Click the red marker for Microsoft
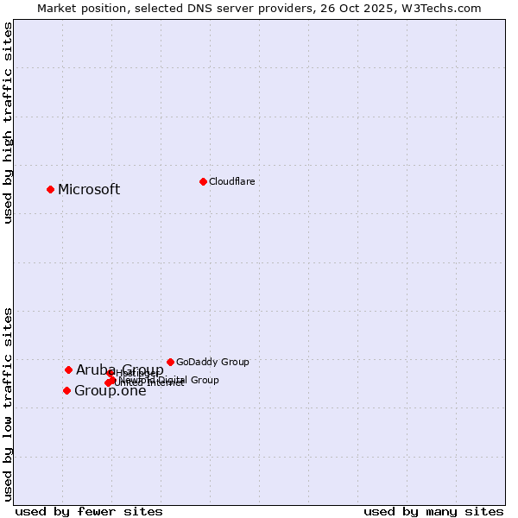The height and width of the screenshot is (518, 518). pyautogui.click(x=50, y=189)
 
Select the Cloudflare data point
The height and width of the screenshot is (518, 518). pyautogui.click(x=203, y=181)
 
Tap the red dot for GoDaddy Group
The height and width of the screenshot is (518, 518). pyautogui.click(x=170, y=362)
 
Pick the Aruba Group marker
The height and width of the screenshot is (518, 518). pyautogui.click(x=68, y=370)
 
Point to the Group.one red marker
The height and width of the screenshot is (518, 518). pyautogui.click(x=66, y=390)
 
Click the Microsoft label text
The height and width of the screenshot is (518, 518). pyautogui.click(x=89, y=190)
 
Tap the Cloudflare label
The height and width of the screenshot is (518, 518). pyautogui.click(x=231, y=181)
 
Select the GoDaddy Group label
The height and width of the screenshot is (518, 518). pyautogui.click(x=212, y=362)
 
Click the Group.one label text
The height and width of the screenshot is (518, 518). pyautogui.click(x=111, y=391)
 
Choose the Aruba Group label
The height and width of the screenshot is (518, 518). pyautogui.click(x=119, y=370)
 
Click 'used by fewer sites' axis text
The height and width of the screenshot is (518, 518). pyautogui.click(x=89, y=511)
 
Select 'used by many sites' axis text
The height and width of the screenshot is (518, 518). pyautogui.click(x=433, y=511)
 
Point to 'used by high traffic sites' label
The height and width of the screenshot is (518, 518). pyautogui.click(x=8, y=123)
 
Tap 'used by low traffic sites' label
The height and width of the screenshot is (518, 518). pyautogui.click(x=8, y=403)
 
